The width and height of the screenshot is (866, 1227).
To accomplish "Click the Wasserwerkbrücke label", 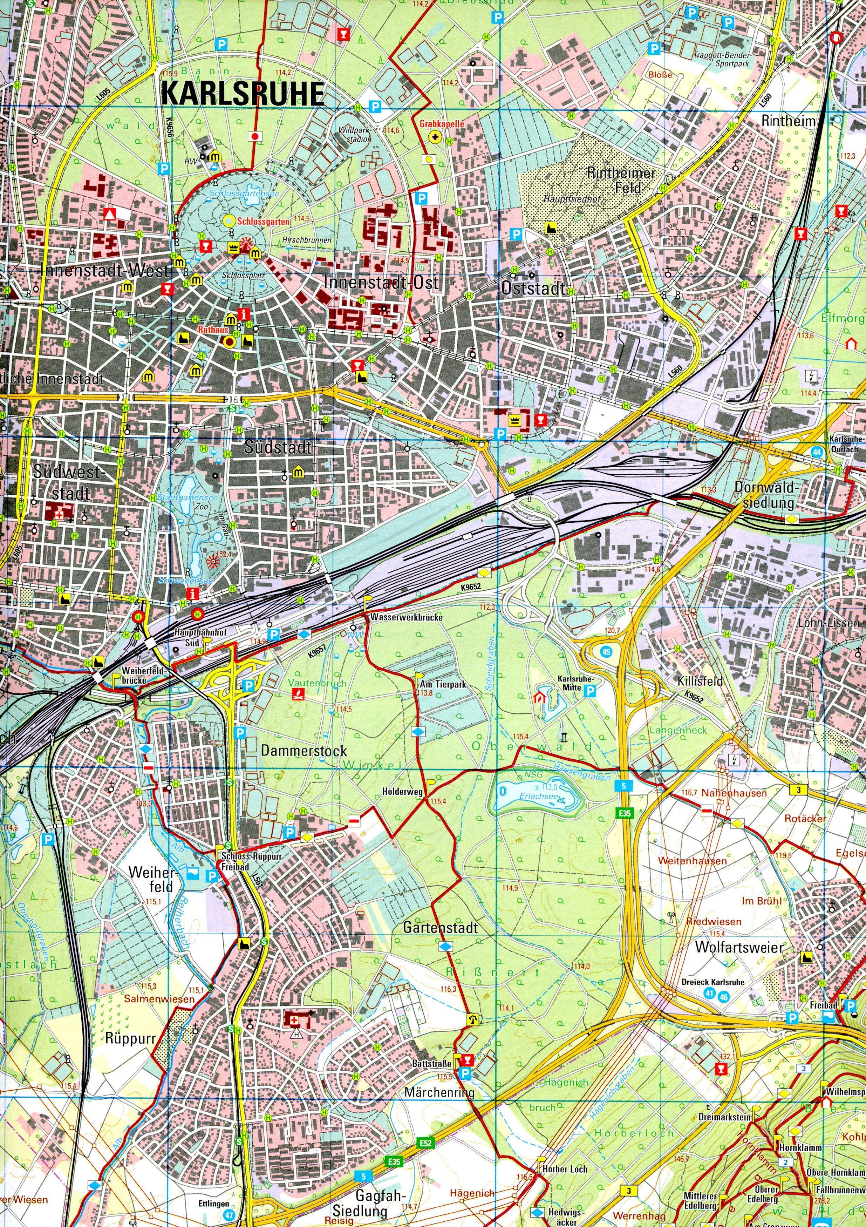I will coord(404,617).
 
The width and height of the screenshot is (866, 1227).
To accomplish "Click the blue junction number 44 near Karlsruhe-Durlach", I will coord(817,452).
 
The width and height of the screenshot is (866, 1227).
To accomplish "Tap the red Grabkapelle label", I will coord(442,123).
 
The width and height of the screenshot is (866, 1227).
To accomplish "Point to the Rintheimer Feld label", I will coord(620,180).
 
